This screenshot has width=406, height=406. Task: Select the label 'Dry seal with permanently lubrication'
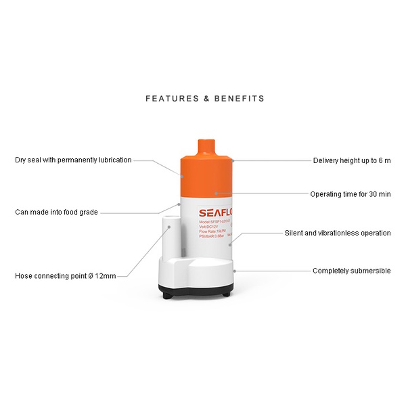click(73, 160)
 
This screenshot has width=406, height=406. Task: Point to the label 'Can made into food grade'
click(56, 212)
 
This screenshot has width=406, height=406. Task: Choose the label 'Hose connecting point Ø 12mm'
click(66, 276)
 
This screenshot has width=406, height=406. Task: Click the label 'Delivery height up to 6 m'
click(352, 161)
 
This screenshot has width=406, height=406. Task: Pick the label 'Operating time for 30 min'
click(351, 194)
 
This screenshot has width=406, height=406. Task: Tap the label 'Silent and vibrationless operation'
click(338, 233)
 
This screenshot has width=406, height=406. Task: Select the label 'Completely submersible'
click(351, 271)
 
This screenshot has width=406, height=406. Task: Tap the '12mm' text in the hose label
click(107, 276)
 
